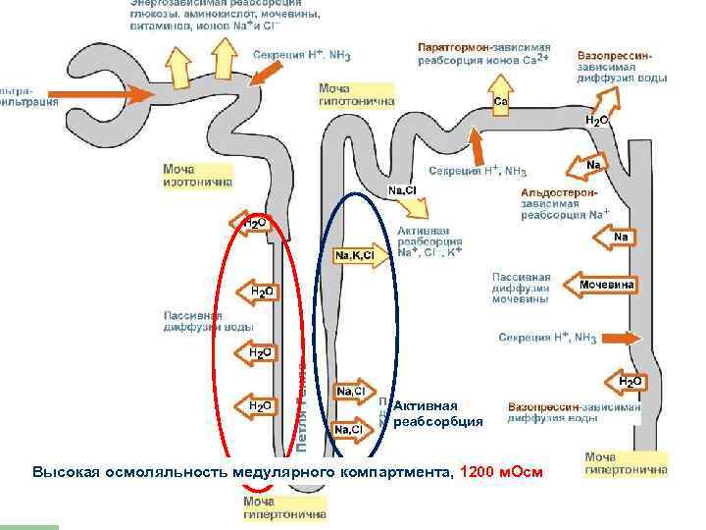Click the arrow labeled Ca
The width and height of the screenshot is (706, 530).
[500, 101]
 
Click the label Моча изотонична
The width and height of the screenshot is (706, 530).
[198, 175]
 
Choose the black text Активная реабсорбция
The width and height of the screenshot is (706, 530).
[438, 413]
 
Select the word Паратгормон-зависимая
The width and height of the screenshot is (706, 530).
[484, 47]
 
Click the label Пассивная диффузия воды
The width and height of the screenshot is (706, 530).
[209, 321]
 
